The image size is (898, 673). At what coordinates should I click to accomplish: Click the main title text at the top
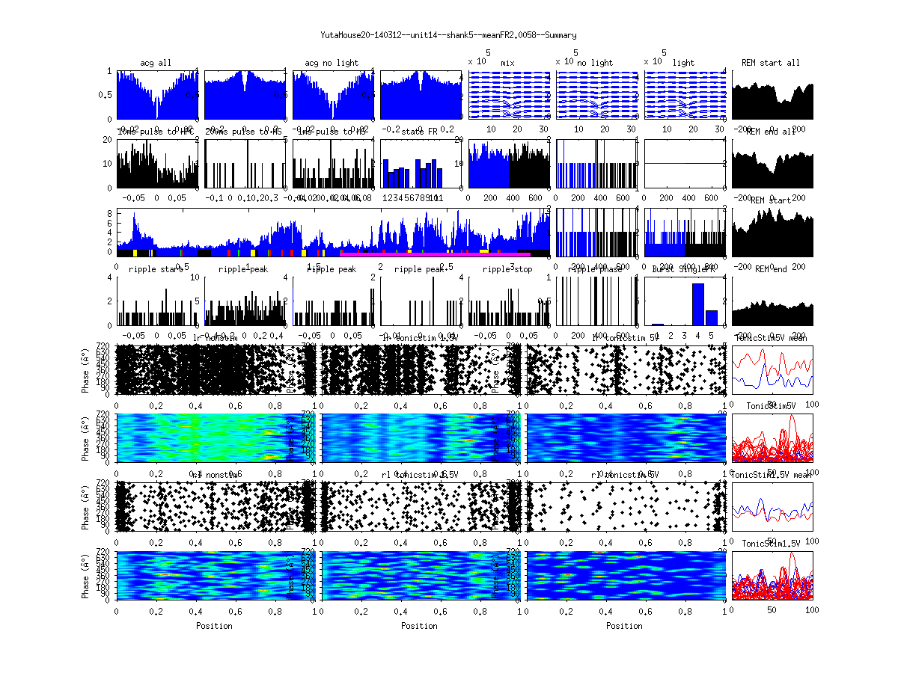(448, 35)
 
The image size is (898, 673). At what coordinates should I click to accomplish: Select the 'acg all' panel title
(156, 63)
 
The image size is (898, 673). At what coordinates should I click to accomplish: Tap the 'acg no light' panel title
(332, 63)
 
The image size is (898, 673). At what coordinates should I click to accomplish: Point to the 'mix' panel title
(508, 63)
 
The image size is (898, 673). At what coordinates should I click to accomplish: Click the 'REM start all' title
(770, 63)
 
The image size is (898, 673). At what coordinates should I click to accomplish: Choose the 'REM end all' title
(772, 132)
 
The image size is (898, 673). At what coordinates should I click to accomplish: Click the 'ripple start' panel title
(155, 269)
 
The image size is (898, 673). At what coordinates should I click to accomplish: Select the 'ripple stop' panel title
(507, 269)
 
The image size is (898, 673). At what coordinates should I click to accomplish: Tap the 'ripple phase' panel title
(596, 269)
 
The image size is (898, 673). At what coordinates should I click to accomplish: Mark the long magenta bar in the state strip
(434, 254)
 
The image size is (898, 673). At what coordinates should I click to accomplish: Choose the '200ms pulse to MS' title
(243, 132)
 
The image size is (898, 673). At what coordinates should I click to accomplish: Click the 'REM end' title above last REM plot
(772, 269)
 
